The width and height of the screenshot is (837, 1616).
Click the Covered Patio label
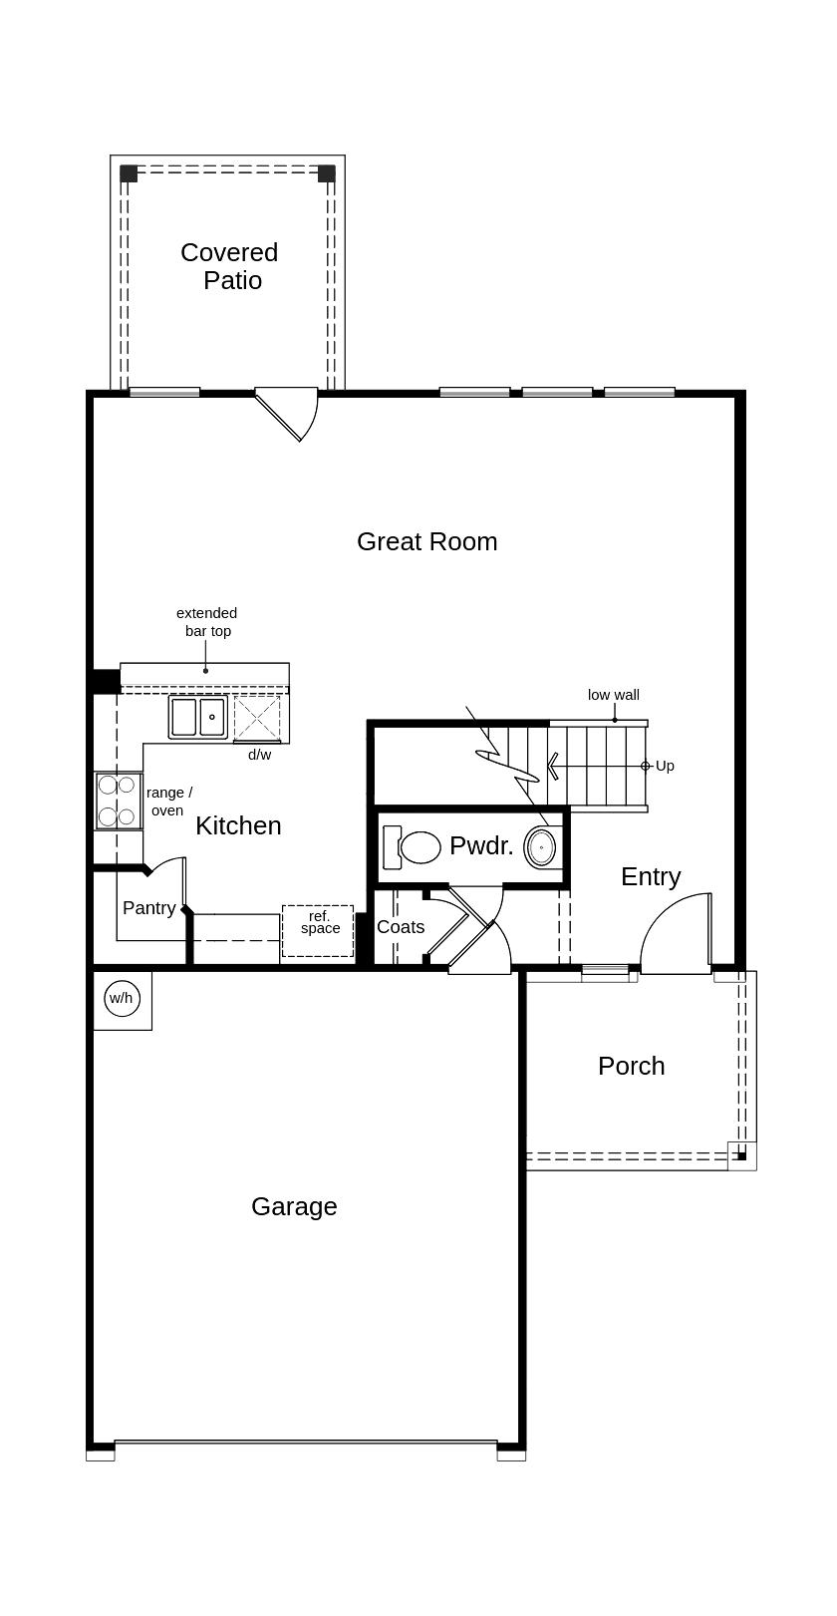[230, 266]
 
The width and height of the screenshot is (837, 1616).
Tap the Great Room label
[426, 541]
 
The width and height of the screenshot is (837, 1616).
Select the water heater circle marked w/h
[122, 998]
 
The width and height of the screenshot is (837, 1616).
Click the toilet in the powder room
[413, 847]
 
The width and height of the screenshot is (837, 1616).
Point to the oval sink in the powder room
[541, 847]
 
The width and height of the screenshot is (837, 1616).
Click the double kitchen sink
[197, 717]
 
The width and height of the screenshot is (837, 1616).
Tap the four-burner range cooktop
[117, 801]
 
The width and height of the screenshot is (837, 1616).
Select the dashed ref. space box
[318, 930]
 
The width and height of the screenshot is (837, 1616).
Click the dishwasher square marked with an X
[257, 717]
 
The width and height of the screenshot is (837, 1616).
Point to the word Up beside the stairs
[665, 766]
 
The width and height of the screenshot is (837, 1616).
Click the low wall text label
[613, 695]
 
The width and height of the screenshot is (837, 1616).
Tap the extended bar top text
[207, 622]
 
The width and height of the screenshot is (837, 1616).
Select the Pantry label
[149, 908]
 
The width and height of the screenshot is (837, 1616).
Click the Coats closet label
[401, 927]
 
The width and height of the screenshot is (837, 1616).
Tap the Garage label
[294, 1206]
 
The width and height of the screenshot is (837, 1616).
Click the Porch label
[631, 1066]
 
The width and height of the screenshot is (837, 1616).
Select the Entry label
[651, 876]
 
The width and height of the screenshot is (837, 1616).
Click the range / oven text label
[168, 802]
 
